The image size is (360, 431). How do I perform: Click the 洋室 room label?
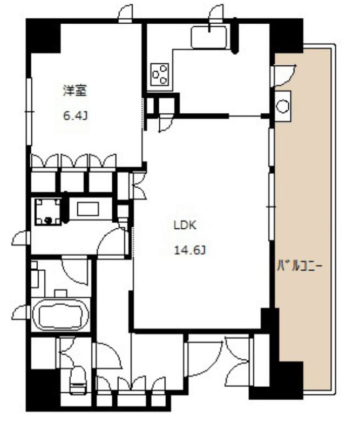click(x=75, y=91)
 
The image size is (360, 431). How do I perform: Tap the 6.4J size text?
click(x=76, y=116)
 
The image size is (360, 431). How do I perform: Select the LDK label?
click(x=185, y=225)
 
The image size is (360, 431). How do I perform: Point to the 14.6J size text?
click(x=191, y=250)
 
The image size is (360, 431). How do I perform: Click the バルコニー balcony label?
click(x=299, y=266)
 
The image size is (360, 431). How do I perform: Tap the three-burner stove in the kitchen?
click(x=160, y=74)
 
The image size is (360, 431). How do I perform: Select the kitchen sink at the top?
click(x=209, y=37)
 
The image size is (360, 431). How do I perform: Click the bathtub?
click(x=61, y=314)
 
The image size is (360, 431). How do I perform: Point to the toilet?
click(x=78, y=381)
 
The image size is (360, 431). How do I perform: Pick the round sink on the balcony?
click(x=283, y=106)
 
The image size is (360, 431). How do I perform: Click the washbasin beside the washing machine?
click(x=88, y=209)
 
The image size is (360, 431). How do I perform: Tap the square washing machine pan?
click(x=48, y=211)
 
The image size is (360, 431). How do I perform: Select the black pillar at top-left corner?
click(x=43, y=36)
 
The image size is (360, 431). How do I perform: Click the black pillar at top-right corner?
click(x=286, y=36)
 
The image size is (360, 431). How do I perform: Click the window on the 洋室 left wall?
click(x=29, y=111)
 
